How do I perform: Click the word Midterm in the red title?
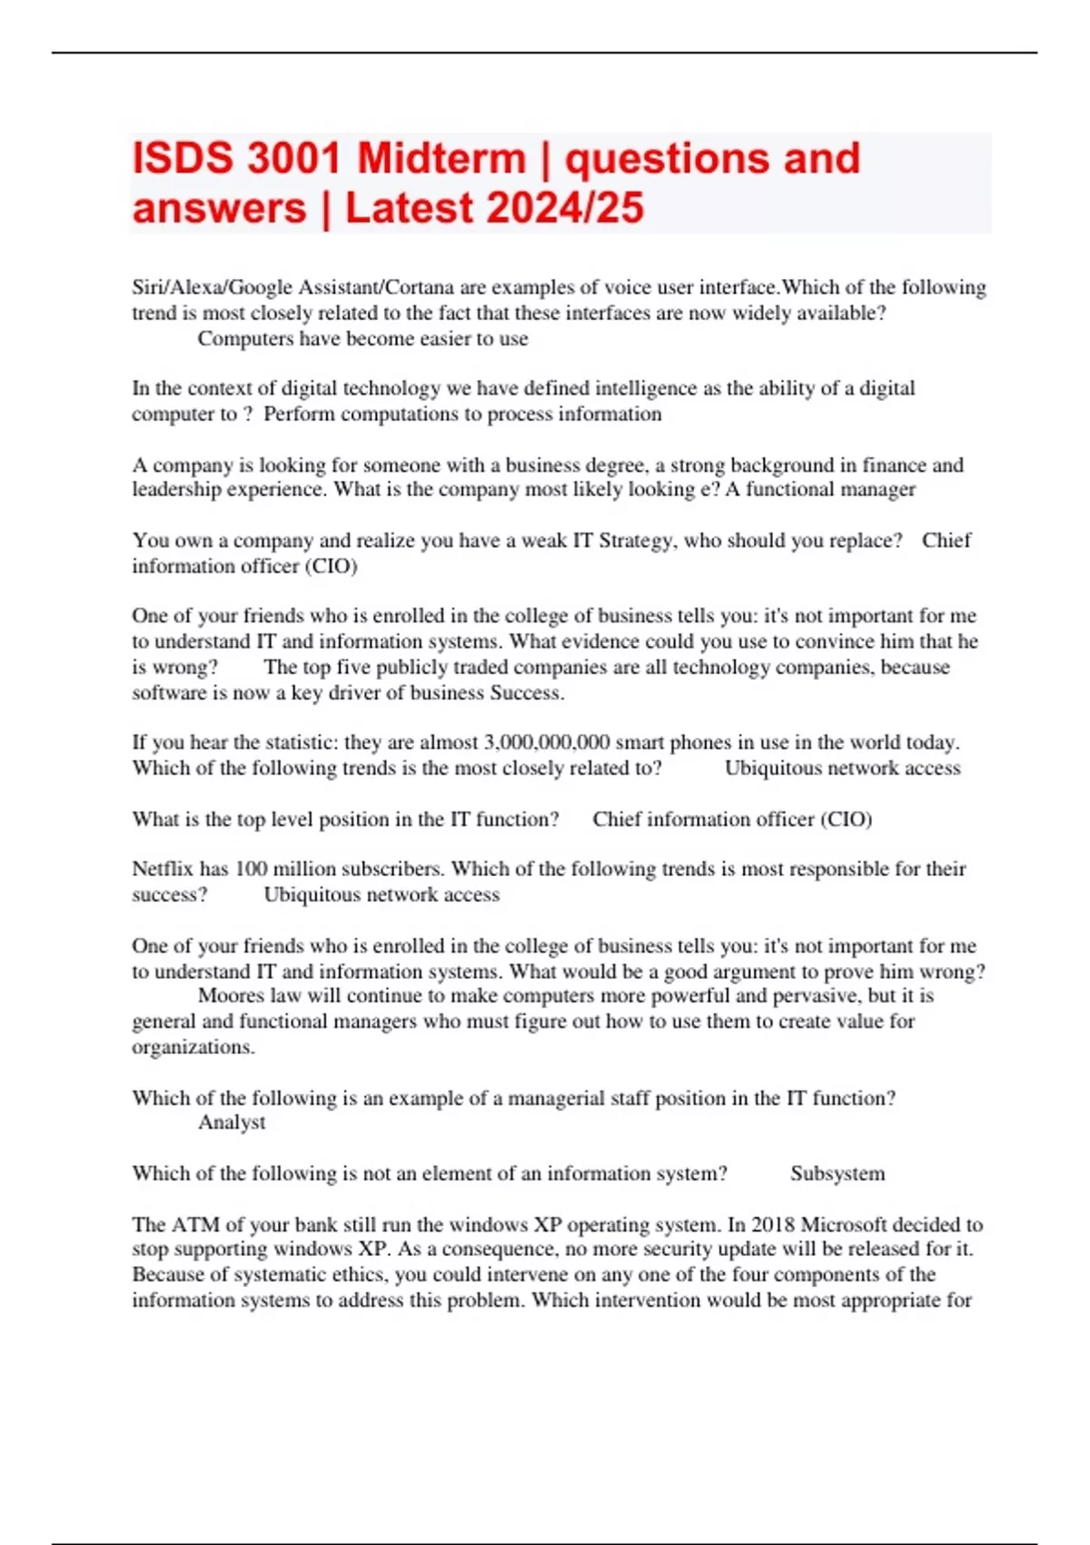(x=441, y=158)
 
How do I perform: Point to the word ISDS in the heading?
(x=183, y=158)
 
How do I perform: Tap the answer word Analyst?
(x=232, y=1122)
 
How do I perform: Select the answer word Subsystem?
(x=837, y=1173)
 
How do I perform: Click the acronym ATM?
(x=195, y=1224)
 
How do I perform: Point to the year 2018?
(x=772, y=1224)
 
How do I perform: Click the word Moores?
(x=229, y=996)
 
